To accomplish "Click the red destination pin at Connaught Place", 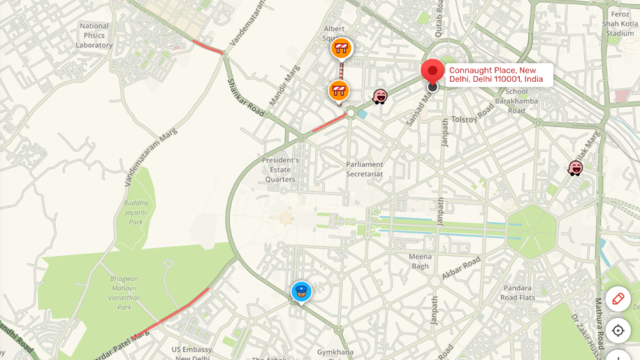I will [x=432, y=72].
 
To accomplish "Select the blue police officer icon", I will [x=301, y=291].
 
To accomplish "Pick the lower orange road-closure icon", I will [x=338, y=91].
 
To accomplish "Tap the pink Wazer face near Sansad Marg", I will [x=380, y=96].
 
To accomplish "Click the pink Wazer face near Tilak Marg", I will [x=576, y=167].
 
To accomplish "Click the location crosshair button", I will [x=618, y=330].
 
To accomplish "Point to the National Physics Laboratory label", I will [x=94, y=36].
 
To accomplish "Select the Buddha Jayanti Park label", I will [x=136, y=212].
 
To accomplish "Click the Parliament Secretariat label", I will [x=364, y=169].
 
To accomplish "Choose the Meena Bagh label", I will [x=420, y=261].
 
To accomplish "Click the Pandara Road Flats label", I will [x=518, y=293].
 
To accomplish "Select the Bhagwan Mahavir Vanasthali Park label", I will [x=125, y=292].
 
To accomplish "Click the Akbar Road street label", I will [x=461, y=267].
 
